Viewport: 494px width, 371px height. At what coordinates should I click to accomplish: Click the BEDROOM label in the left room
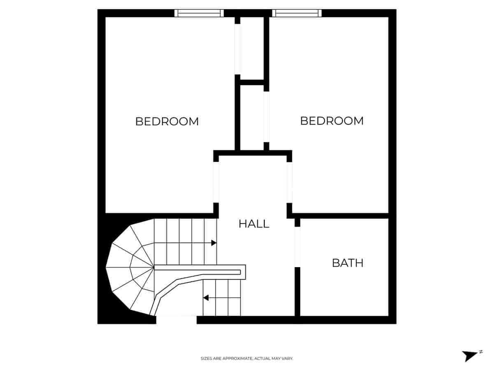(167, 122)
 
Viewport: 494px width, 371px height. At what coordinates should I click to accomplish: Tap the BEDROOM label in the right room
(331, 121)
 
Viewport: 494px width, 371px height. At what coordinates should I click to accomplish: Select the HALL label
(254, 224)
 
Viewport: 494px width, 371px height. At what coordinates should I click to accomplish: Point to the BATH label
(347, 263)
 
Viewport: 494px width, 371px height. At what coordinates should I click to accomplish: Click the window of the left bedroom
(199, 13)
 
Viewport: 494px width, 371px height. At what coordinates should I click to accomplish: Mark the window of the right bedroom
(296, 13)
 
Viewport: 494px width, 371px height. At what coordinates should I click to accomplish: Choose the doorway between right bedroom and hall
(289, 182)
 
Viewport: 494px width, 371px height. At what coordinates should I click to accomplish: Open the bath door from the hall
(297, 247)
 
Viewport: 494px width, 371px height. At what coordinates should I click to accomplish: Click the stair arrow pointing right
(214, 243)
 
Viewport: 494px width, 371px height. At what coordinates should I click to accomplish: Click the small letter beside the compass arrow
(480, 352)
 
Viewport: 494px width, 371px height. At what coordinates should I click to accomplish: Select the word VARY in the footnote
(288, 359)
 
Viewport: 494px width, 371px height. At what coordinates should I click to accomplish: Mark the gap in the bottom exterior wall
(176, 320)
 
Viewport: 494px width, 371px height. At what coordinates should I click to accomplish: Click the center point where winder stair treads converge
(154, 268)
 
